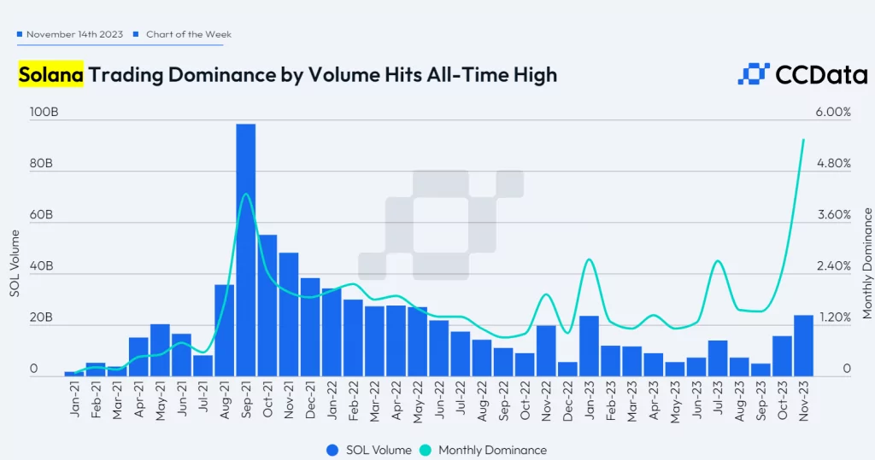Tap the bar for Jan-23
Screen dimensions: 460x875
tap(589, 346)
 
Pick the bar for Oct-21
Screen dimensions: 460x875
tap(267, 305)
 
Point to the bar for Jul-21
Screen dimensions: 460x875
tap(203, 365)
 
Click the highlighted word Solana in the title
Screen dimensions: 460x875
tap(51, 75)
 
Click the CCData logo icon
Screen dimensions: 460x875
tap(754, 75)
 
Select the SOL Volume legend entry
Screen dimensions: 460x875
tap(368, 450)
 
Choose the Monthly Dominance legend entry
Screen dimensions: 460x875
tap(484, 450)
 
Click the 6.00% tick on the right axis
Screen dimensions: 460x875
tap(833, 113)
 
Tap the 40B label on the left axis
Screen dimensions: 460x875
tap(40, 266)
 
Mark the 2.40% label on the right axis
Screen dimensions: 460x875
tap(833, 266)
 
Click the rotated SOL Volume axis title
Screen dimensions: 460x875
tap(15, 264)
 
